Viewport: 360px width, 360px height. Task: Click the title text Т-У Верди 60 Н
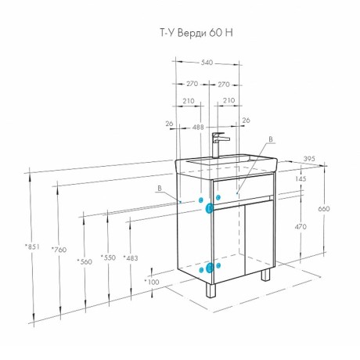pos(196,33)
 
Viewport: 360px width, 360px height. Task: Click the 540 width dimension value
pos(207,63)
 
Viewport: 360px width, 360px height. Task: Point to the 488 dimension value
pos(198,128)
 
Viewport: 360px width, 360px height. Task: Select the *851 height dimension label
pos(32,247)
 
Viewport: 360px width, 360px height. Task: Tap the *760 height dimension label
pos(59,250)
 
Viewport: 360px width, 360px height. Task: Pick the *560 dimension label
pos(85,261)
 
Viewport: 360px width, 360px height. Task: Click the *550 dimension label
pos(108,257)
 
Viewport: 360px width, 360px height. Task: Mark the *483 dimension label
pos(131,258)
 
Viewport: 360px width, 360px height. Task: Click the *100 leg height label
pos(152,282)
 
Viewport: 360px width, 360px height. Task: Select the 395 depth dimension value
pos(310,159)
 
